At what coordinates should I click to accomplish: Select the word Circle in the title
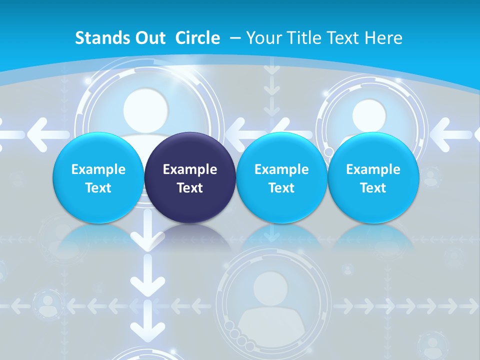coord(197,38)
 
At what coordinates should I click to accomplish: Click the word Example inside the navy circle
coord(190,169)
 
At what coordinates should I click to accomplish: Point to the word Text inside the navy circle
coord(190,188)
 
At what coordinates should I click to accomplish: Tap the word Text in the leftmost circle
coord(98,188)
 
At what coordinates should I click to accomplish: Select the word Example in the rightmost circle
coord(373,169)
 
